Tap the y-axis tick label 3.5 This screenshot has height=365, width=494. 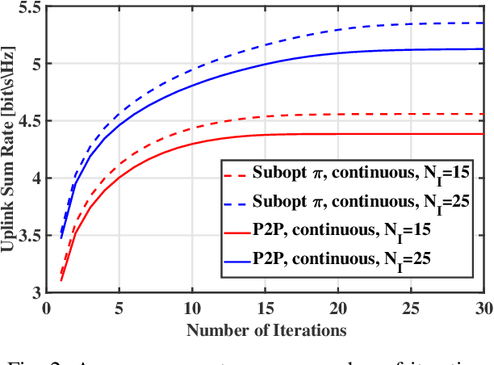[31, 235]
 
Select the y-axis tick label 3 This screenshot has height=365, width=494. [38, 292]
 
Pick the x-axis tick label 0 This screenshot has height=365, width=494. [48, 308]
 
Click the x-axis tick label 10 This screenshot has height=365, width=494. [193, 308]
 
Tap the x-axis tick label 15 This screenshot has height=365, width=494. [266, 308]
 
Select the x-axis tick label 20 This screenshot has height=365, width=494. [339, 308]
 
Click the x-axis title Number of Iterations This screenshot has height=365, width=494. [266, 329]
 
